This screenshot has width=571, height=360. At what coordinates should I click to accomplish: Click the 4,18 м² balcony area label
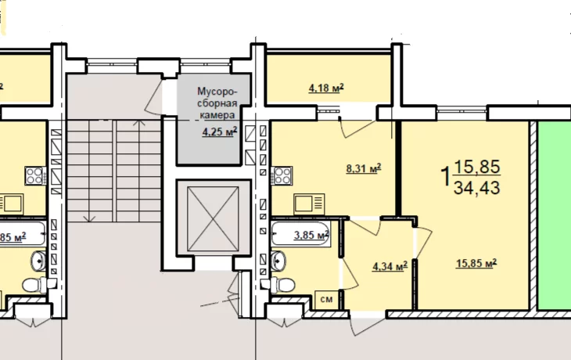(x=326, y=88)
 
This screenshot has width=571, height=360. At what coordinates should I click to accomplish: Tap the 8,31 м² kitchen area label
(x=364, y=168)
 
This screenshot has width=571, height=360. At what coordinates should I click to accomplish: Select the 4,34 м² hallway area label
(x=390, y=266)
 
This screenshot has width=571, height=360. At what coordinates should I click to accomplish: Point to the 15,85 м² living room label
(x=476, y=263)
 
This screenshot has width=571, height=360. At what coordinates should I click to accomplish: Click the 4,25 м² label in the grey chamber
(x=220, y=131)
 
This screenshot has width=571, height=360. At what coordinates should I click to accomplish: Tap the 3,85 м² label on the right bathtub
(x=311, y=235)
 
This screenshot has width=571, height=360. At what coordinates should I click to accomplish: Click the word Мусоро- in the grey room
(x=217, y=91)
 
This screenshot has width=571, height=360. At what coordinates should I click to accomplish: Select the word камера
(x=217, y=115)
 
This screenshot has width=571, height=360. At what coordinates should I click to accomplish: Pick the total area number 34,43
(x=476, y=188)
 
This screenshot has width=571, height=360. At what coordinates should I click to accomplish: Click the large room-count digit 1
(x=445, y=176)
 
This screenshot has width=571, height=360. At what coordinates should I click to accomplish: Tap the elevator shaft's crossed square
(x=213, y=218)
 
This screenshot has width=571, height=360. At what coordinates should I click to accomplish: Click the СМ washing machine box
(x=327, y=300)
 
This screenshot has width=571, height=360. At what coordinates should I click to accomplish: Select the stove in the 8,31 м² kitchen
(x=282, y=175)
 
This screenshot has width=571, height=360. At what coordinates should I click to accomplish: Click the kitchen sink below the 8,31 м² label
(x=309, y=204)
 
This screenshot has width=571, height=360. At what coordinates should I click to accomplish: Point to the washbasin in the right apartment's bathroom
(x=278, y=260)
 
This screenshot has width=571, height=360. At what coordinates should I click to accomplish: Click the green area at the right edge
(x=555, y=216)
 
